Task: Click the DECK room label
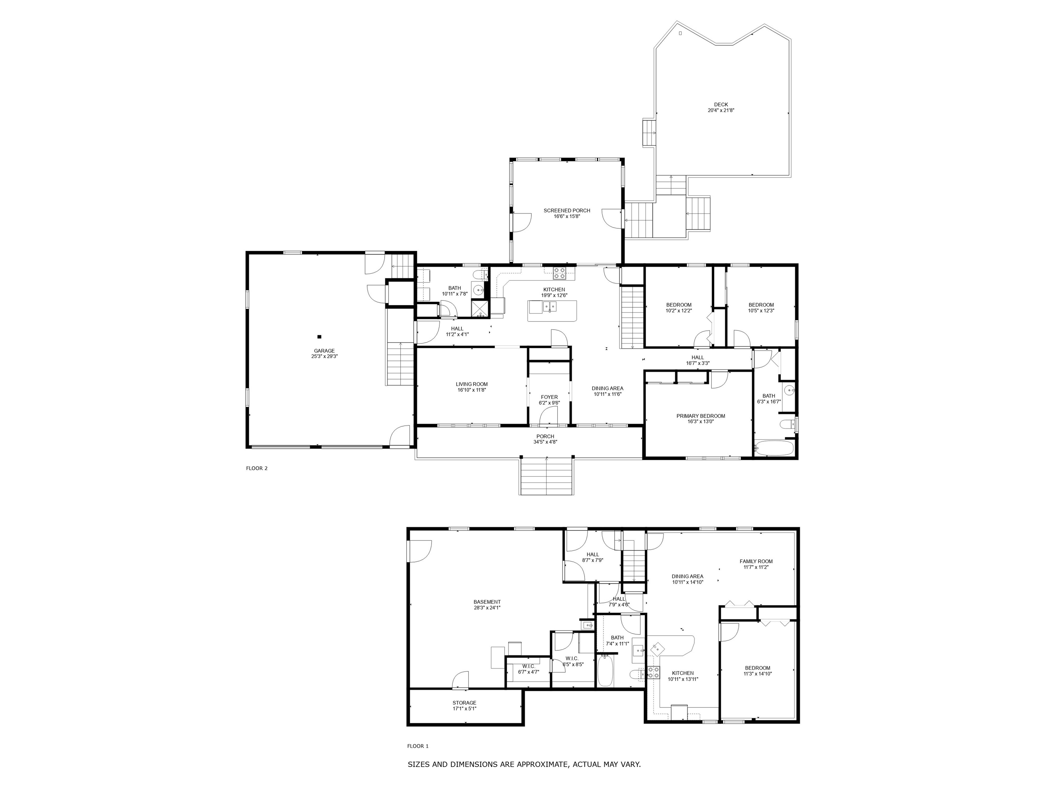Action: (721, 105)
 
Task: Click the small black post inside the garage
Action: (319, 337)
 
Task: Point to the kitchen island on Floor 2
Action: (552, 311)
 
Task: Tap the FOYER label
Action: (549, 397)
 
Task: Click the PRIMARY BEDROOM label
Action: (700, 416)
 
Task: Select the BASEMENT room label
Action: (487, 602)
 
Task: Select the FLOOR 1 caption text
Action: (417, 746)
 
